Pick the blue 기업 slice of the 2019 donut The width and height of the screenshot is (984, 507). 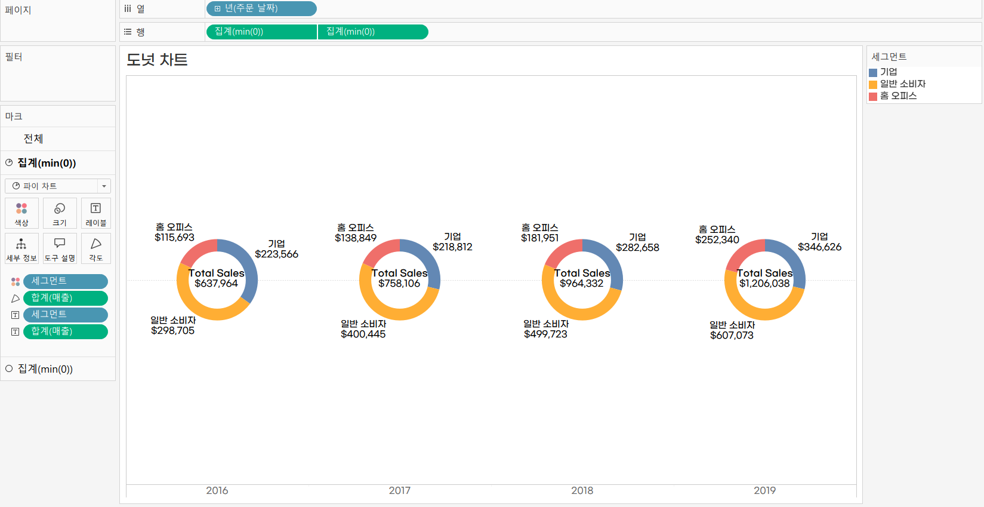[x=793, y=259]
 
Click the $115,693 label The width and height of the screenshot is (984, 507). [x=174, y=238]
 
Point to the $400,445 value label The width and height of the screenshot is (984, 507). [x=363, y=334]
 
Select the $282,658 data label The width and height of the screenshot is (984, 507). [x=637, y=248]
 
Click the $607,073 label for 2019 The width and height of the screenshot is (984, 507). [x=732, y=336]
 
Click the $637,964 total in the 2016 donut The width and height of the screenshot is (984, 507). [x=216, y=284]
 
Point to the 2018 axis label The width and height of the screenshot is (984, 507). [x=582, y=490]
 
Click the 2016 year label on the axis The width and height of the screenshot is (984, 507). [x=217, y=490]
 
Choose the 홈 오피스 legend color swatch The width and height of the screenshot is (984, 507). [x=873, y=96]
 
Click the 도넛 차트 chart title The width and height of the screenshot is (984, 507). [x=157, y=59]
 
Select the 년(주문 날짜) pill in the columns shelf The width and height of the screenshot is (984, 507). [x=261, y=8]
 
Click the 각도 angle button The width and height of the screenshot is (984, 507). [x=95, y=249]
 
